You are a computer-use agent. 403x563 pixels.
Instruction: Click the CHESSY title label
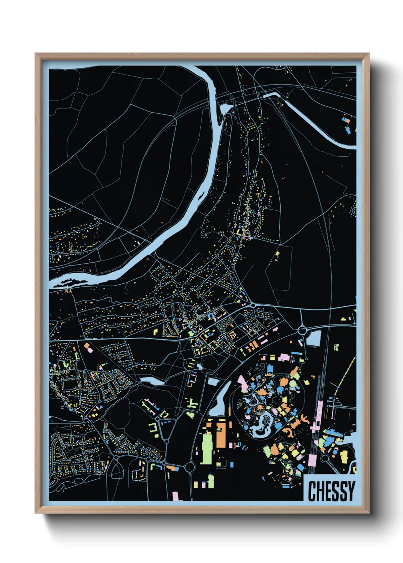pos(331,491)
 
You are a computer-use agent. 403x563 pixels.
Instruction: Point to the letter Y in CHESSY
pos(351,491)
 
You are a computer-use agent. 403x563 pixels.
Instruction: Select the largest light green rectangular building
pos(206,448)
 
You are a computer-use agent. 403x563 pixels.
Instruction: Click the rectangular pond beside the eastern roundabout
pos(313,338)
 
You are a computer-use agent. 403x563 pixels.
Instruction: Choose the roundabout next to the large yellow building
pos(325,458)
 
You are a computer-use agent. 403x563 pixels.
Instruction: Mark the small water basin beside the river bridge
pos(225,110)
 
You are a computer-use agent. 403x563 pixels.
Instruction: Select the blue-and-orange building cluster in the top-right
pos(347,125)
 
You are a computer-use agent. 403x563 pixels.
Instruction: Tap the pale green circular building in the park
pos(292,384)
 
